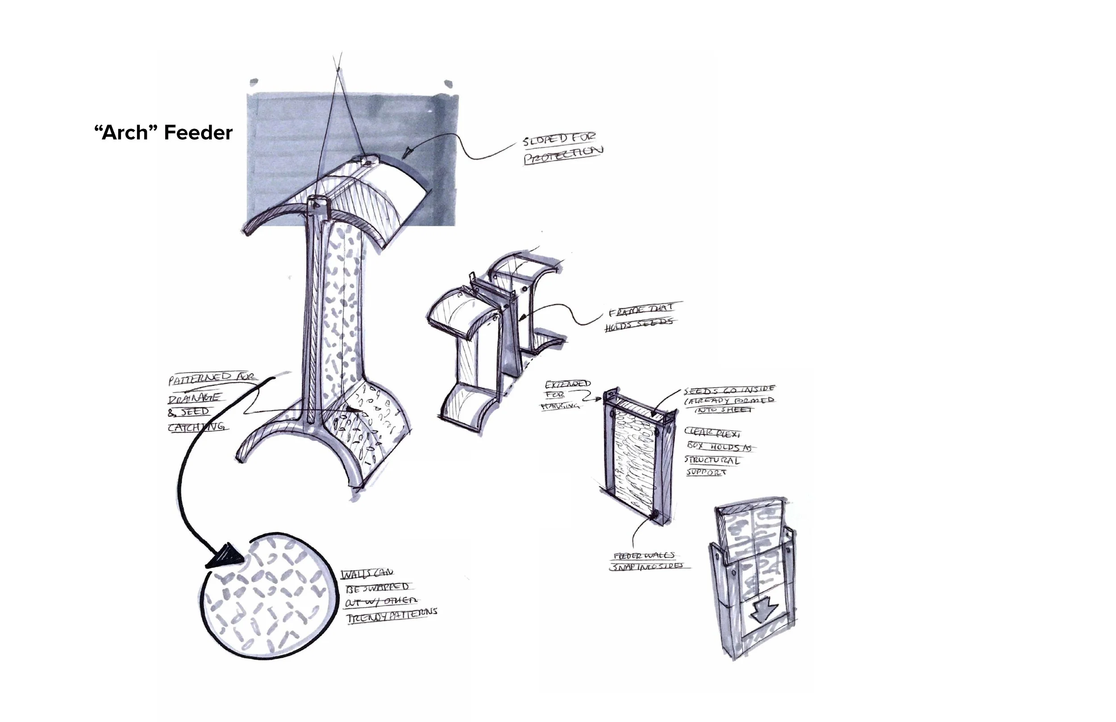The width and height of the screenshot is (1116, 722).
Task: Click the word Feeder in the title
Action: coord(198,133)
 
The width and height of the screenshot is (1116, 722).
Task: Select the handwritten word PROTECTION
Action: coord(563,155)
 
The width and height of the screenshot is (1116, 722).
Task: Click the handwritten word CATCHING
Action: coord(197,427)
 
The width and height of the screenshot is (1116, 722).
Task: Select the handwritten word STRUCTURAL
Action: coord(712,461)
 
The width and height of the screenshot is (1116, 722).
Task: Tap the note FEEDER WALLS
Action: coord(644,556)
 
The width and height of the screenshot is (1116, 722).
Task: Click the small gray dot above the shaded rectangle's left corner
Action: coord(254,82)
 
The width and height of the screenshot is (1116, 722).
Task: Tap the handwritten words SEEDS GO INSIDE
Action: coord(729,390)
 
